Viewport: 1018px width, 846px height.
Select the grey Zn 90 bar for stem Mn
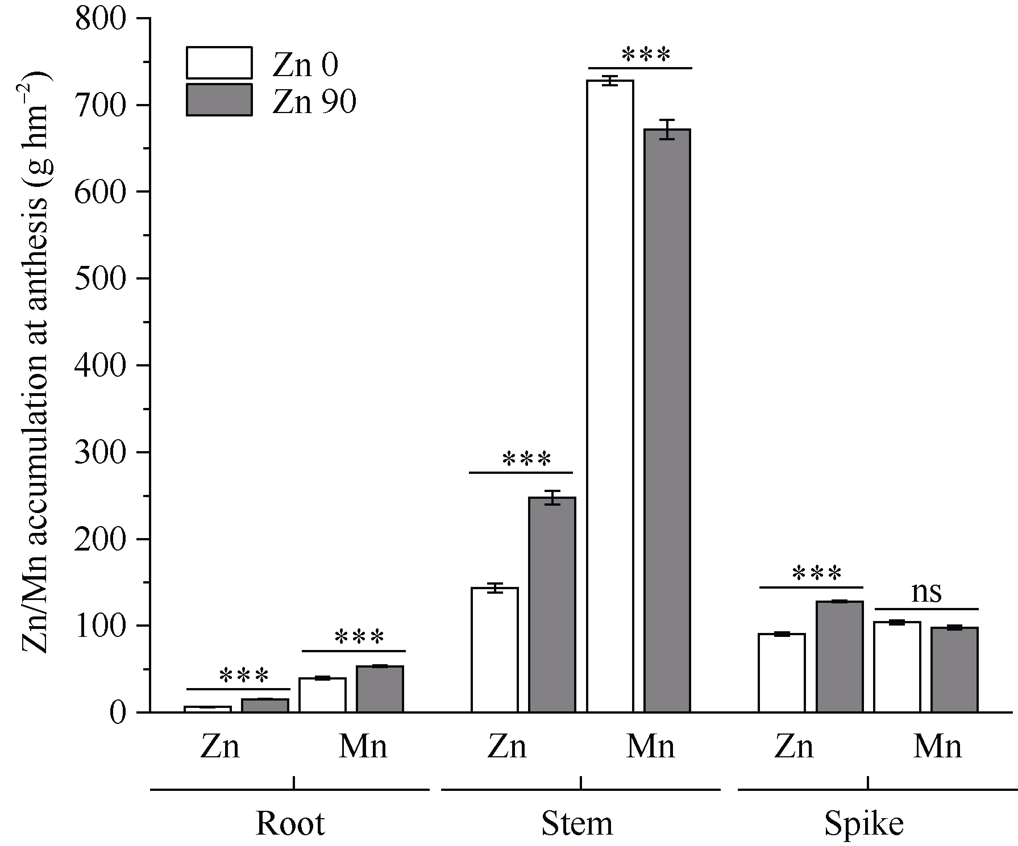667,420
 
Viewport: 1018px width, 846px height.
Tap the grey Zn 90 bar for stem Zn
552,605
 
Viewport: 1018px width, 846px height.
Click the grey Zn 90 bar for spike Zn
840,656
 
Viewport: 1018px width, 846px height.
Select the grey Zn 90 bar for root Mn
380,689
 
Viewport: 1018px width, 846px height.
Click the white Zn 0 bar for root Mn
322,695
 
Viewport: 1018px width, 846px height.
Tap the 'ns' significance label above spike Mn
926,592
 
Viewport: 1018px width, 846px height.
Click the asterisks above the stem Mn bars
646,56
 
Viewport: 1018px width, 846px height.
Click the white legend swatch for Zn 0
219,62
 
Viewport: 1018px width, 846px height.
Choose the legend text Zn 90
314,102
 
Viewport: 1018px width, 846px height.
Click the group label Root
290,823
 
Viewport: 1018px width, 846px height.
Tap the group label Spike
864,823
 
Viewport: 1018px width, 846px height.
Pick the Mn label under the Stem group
650,747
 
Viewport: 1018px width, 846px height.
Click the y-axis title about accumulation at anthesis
37,364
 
